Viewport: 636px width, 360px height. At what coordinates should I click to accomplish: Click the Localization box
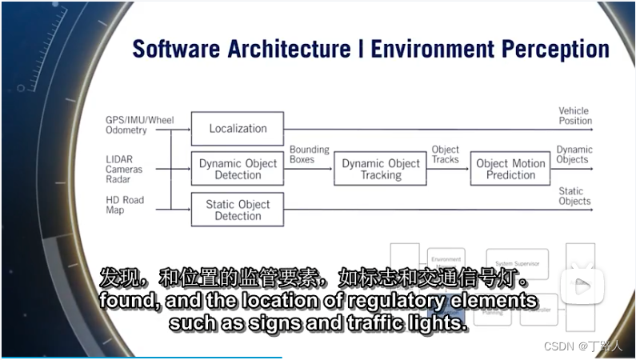coord(238,128)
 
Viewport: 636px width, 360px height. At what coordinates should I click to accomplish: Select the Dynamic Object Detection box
coord(238,169)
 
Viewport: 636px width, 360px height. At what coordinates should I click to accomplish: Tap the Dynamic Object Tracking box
coord(381,169)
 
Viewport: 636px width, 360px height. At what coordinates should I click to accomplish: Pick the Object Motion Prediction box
coord(510,169)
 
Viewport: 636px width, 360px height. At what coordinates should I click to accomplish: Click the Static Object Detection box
coord(238,210)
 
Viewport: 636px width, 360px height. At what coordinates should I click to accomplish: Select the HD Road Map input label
coord(125,205)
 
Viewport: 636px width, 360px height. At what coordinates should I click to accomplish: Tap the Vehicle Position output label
coord(574,116)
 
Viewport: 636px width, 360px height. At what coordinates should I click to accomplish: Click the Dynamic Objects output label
coord(574,154)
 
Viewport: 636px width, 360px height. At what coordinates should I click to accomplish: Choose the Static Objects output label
coord(574,196)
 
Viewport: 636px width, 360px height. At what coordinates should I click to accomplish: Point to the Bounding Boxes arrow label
coord(309,154)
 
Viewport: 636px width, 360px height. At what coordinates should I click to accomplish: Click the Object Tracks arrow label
coord(446,154)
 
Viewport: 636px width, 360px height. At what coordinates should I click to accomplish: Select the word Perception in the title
coord(555,49)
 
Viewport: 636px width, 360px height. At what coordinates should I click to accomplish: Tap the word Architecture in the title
coord(298,49)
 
